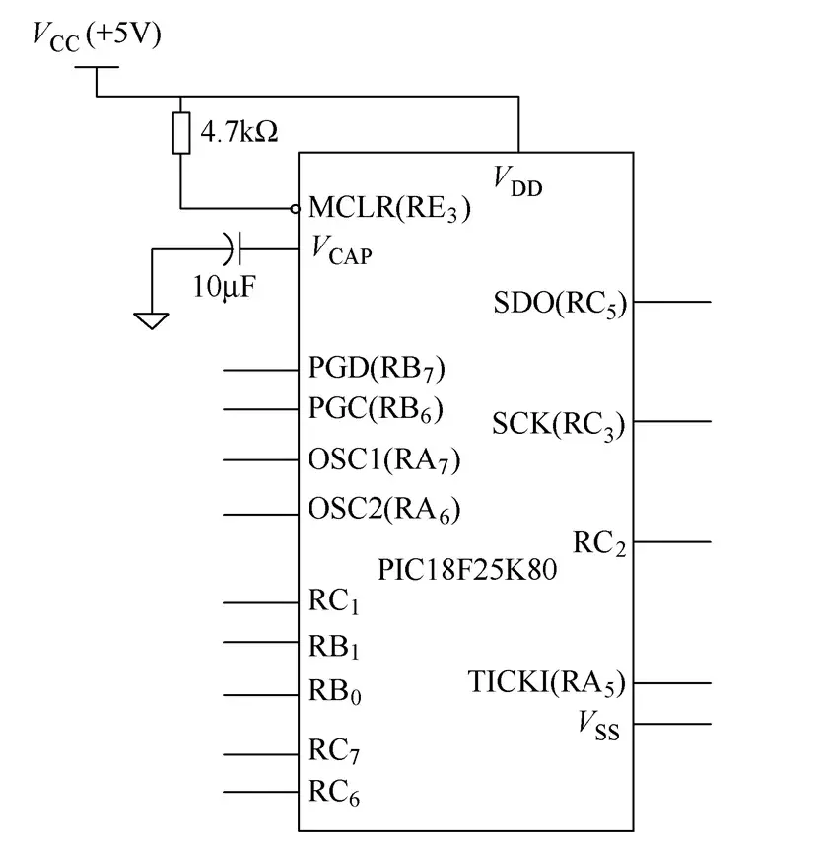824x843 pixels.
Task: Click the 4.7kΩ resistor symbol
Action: [181, 133]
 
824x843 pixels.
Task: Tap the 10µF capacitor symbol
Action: [234, 248]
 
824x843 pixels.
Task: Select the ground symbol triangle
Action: [151, 319]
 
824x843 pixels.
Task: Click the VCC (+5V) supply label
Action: [96, 36]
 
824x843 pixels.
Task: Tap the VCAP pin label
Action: [341, 251]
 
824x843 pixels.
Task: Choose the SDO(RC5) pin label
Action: [560, 303]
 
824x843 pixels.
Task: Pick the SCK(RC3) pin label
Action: [559, 424]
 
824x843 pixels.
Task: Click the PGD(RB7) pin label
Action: [377, 370]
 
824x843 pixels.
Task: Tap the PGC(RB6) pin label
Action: [376, 408]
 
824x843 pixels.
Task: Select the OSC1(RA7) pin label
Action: [384, 459]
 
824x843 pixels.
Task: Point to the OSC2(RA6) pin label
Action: [384, 511]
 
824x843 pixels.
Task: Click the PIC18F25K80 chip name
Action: [467, 570]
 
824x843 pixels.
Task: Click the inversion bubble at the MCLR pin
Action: [295, 209]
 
